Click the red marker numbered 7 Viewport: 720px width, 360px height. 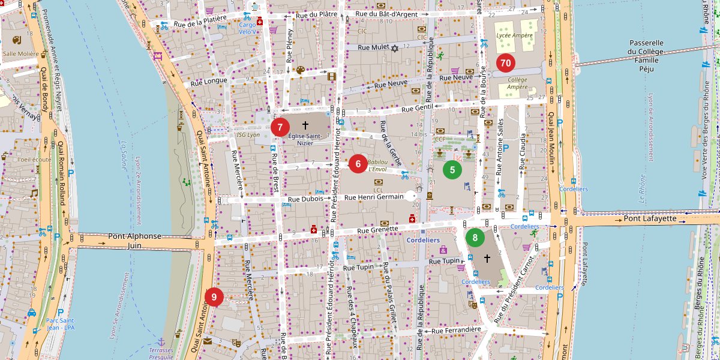[x=280, y=127]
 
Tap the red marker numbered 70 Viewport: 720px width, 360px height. [x=506, y=62]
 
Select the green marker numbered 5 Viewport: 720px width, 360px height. [x=452, y=170]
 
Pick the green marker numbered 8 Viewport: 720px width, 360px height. [x=475, y=238]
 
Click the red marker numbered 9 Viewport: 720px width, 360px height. [x=214, y=297]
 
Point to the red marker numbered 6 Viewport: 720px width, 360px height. [x=358, y=163]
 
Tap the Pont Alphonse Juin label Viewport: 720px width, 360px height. [x=135, y=241]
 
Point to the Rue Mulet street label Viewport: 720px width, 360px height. [x=373, y=47]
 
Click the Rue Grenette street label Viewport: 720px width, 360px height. [x=377, y=229]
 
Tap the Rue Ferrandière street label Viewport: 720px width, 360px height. [x=456, y=330]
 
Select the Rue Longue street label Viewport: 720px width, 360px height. [x=209, y=81]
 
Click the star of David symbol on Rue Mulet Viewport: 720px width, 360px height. [x=395, y=48]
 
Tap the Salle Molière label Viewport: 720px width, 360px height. [x=19, y=53]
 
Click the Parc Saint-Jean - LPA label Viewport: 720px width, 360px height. [x=60, y=324]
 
